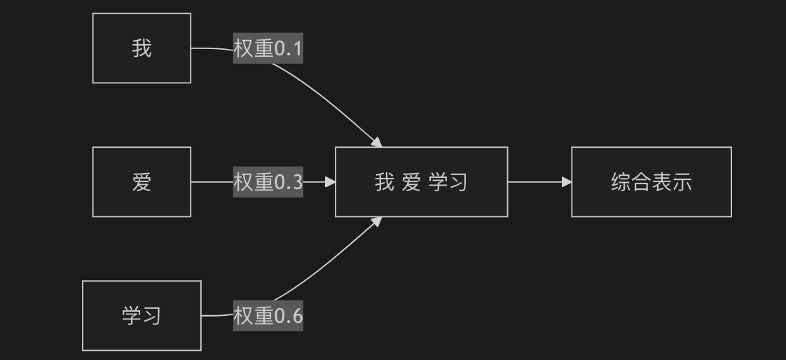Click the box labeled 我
[x=142, y=48]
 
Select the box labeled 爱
[x=142, y=182]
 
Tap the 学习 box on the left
[x=142, y=316]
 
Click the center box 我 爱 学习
[x=422, y=182]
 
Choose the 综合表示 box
[x=651, y=182]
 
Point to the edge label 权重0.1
[x=268, y=48]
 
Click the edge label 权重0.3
[x=268, y=182]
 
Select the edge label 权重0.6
[x=268, y=316]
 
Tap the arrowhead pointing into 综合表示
[x=567, y=182]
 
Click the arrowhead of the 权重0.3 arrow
[x=331, y=182]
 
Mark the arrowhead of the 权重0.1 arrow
[x=377, y=142]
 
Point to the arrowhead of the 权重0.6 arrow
[x=377, y=221]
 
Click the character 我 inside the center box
[x=385, y=182]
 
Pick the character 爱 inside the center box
[x=411, y=182]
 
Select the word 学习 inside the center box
[x=448, y=182]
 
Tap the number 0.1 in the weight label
[x=289, y=48]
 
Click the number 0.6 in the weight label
[x=289, y=317]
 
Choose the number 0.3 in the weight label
[x=289, y=183]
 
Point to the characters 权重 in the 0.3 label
[x=254, y=182]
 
